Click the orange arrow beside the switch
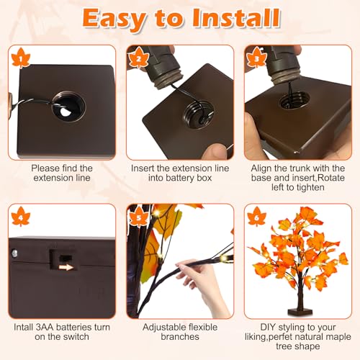(x=66, y=266)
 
